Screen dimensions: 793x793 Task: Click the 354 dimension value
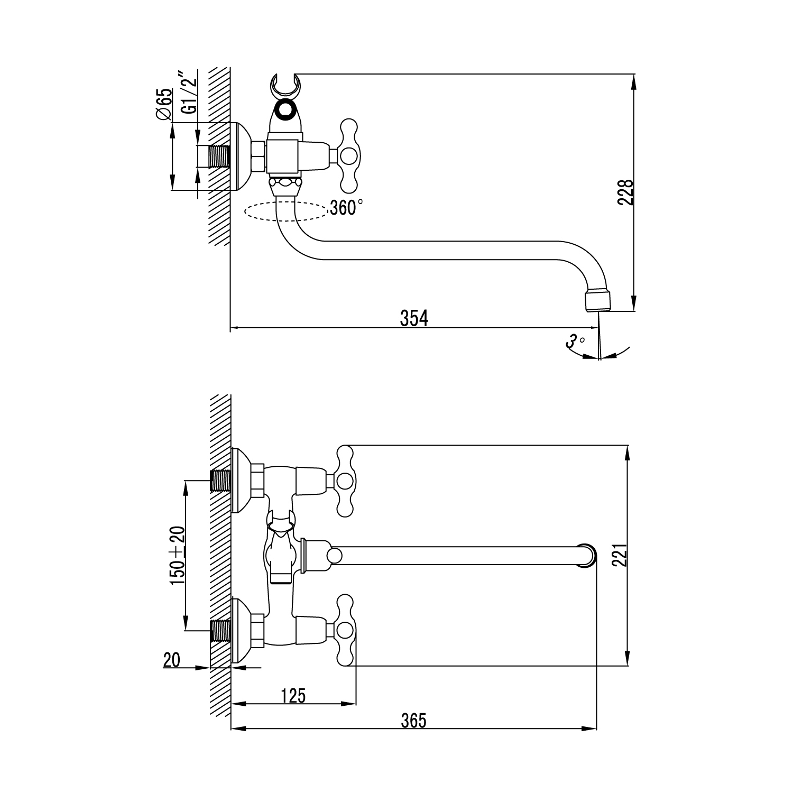click(x=413, y=318)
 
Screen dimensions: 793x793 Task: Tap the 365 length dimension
click(x=413, y=721)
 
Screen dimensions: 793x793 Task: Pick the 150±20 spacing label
click(x=177, y=556)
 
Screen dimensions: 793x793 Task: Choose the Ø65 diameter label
click(x=164, y=104)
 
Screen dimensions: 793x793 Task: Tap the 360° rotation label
click(x=346, y=208)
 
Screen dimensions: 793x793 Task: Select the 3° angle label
click(x=575, y=341)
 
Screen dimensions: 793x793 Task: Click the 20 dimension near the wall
click(x=172, y=660)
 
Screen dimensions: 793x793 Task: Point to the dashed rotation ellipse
click(x=285, y=211)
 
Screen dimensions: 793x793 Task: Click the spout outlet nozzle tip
click(x=597, y=302)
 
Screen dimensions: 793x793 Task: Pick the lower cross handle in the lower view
click(x=345, y=629)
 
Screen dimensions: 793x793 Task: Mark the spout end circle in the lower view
click(x=587, y=555)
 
